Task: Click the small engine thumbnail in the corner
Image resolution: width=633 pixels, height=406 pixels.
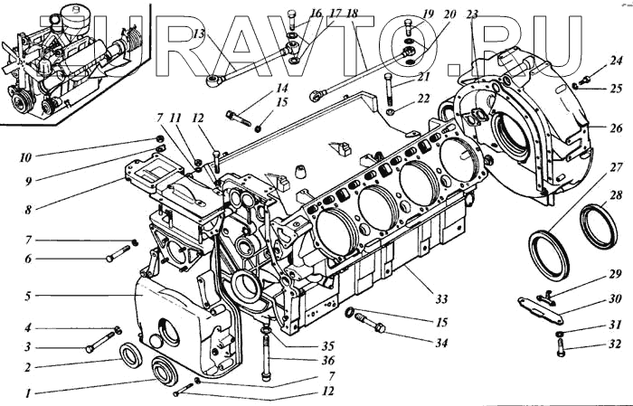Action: tap(77, 59)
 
